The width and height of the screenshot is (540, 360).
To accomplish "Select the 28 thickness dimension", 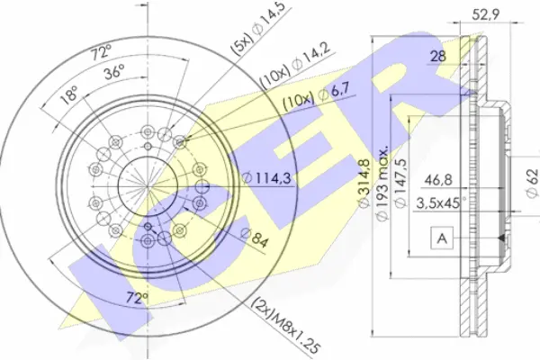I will click(x=437, y=57).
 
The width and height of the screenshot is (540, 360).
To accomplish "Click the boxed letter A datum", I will click(x=441, y=238).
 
